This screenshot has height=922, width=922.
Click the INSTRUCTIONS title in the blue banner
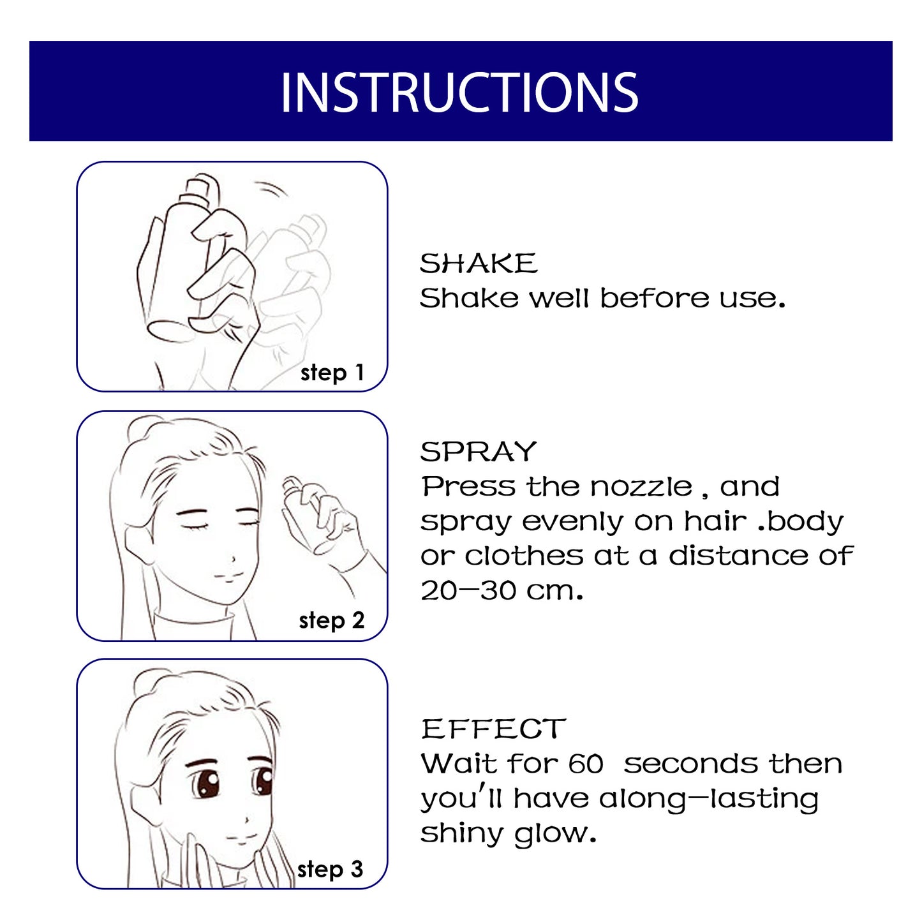click(x=459, y=93)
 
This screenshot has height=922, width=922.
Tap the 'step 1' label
click(x=332, y=373)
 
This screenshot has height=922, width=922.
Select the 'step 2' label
click(x=331, y=620)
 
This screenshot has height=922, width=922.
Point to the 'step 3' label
click(x=330, y=869)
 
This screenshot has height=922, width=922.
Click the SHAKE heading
click(x=479, y=264)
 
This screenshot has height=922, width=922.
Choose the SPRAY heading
click(x=479, y=452)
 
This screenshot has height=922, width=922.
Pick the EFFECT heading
click(x=493, y=729)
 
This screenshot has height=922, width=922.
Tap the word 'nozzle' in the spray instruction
click(x=641, y=487)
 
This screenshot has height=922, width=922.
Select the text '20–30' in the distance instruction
click(x=468, y=590)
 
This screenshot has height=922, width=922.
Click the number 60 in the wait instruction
click(x=585, y=764)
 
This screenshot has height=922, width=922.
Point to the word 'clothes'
click(x=523, y=556)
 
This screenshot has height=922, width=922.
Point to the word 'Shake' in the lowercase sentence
click(x=468, y=298)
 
